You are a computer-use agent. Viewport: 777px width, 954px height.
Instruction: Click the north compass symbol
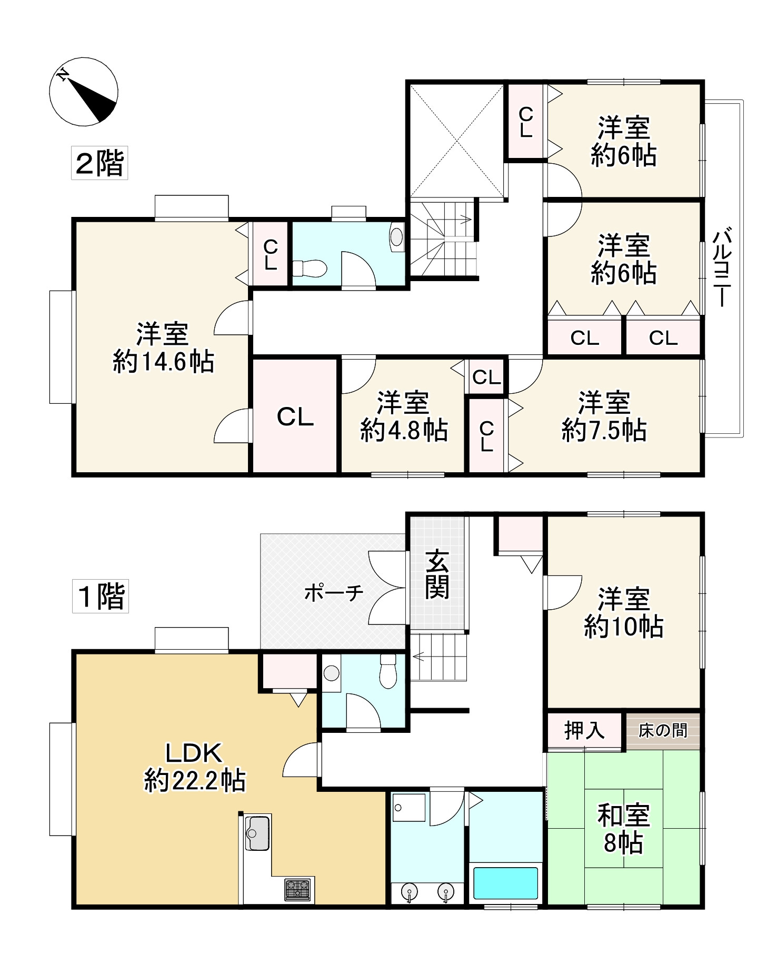83,92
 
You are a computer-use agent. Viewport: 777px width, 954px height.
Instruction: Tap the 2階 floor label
99,163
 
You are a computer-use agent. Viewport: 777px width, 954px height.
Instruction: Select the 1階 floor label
101,597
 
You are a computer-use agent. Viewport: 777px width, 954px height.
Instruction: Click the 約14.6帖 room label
163,349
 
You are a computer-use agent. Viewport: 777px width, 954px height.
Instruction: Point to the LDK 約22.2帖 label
195,767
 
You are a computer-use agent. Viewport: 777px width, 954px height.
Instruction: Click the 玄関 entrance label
437,575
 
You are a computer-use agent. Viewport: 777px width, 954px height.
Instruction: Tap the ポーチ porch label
334,593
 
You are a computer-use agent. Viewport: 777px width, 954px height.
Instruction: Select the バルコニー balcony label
722,267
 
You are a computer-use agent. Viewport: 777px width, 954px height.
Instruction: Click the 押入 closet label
584,730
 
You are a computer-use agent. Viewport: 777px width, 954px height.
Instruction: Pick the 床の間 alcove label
663,730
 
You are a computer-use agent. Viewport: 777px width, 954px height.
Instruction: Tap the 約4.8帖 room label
404,417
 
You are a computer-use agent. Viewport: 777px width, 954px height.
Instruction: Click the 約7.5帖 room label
604,417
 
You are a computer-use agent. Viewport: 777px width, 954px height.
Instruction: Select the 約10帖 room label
623,613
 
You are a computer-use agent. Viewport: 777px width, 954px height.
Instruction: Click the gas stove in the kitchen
297,889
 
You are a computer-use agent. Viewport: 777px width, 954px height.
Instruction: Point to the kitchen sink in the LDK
256,833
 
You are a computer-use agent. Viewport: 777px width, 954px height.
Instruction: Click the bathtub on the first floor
505,883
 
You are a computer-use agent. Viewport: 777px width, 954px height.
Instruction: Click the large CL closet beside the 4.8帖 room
295,417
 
